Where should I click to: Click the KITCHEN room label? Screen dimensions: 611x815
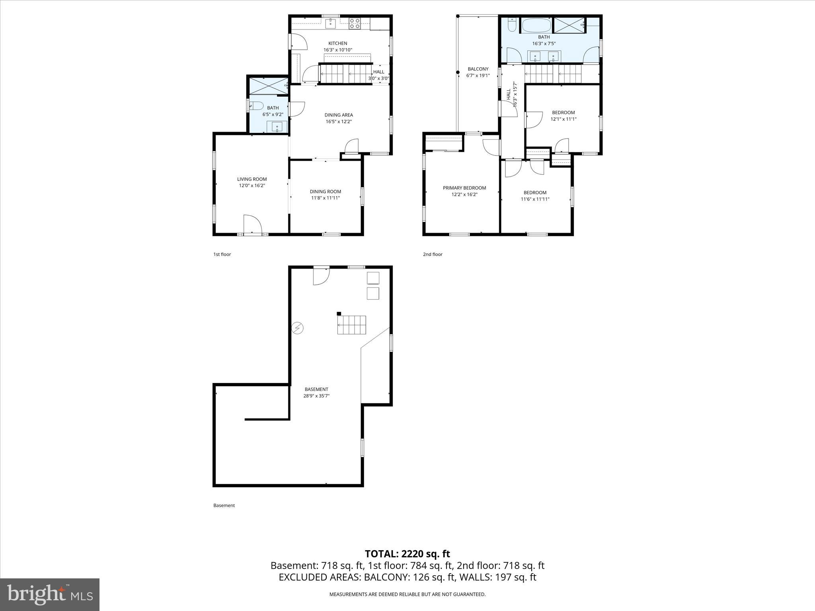337,43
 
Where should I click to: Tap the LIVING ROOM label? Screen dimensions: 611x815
252,179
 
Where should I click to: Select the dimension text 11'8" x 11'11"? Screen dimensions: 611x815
325,198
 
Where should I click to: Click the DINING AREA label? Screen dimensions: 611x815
339,115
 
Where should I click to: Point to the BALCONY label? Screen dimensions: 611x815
478,69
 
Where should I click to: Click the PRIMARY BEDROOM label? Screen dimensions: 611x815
464,188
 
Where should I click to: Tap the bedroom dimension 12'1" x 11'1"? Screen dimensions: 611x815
563,119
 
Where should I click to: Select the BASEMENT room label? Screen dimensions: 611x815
316,389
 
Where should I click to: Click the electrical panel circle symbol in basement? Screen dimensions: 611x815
297,328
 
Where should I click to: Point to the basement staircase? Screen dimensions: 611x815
352,325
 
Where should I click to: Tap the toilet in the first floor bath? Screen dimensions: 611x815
257,105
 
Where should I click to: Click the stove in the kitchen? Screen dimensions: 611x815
355,24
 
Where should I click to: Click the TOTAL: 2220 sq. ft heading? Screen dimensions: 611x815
407,554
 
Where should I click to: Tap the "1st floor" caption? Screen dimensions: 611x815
222,254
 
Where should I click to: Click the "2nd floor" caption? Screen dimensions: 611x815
433,254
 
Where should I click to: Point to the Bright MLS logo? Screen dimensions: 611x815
50,594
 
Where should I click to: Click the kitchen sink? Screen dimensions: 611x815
331,23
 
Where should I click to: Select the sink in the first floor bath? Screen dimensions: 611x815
277,127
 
